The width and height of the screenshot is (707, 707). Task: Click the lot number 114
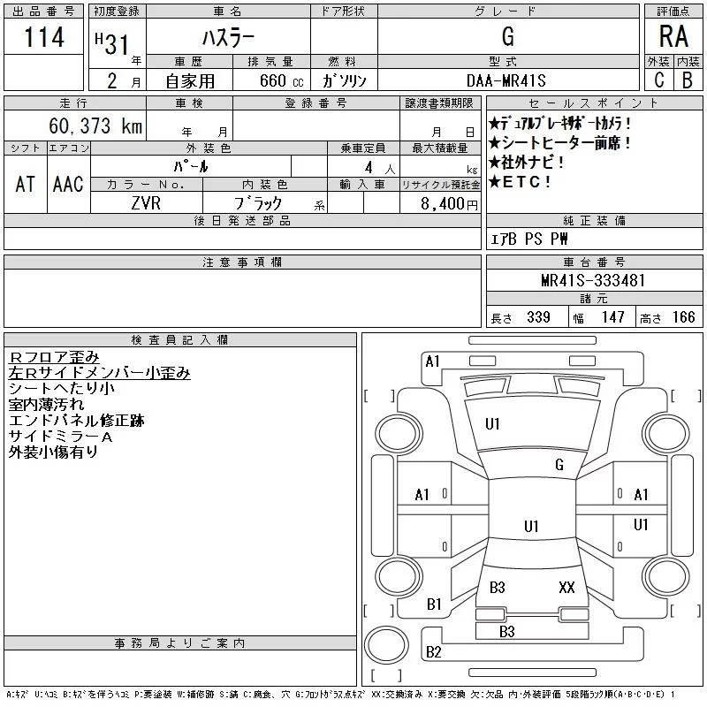(44, 37)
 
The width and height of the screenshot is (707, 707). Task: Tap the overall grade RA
(673, 36)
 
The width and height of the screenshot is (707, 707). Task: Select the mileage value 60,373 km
(95, 125)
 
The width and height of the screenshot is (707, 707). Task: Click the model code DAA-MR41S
(506, 80)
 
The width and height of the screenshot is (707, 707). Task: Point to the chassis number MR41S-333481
(593, 280)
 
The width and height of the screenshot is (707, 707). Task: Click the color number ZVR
(146, 203)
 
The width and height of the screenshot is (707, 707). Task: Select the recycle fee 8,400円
(449, 204)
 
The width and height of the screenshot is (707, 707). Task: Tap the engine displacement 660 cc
(281, 80)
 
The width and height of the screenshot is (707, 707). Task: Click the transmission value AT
(26, 185)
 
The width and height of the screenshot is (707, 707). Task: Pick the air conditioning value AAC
(68, 185)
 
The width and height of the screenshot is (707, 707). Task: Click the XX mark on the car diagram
(566, 588)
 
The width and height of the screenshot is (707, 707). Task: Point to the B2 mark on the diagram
(433, 652)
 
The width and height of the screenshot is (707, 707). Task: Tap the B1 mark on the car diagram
(434, 604)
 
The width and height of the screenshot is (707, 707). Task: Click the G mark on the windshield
(559, 465)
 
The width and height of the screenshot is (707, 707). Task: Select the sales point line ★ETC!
(520, 182)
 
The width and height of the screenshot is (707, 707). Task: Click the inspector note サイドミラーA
(60, 437)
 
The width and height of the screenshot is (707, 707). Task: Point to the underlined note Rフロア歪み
(54, 357)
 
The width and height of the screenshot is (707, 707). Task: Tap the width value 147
(612, 317)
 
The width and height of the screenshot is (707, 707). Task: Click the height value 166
(683, 317)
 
